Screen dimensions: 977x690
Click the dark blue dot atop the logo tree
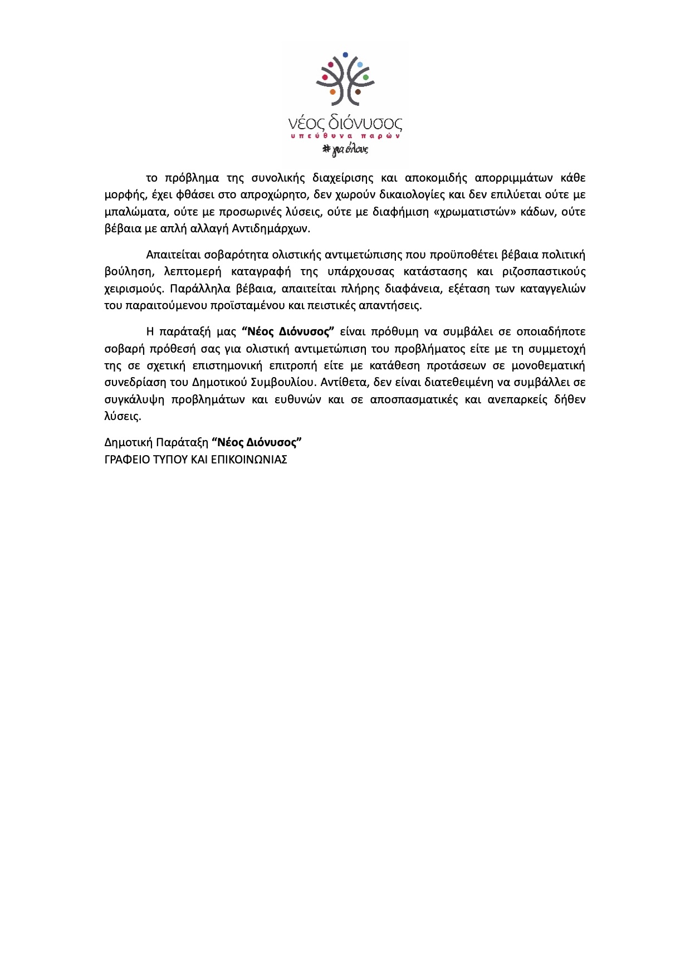pyautogui.click(x=345, y=55)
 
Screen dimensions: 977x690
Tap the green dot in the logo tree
pyautogui.click(x=366, y=77)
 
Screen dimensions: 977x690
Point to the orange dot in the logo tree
pyautogui.click(x=332, y=92)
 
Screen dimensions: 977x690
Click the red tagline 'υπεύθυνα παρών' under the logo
pyautogui.click(x=345, y=136)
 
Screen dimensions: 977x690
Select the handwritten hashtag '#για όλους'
pyautogui.click(x=345, y=149)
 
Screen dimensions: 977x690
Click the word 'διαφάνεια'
pyautogui.click(x=400, y=289)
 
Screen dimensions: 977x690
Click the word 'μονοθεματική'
pyautogui.click(x=549, y=366)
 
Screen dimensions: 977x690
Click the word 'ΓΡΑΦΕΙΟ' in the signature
pyautogui.click(x=126, y=460)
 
